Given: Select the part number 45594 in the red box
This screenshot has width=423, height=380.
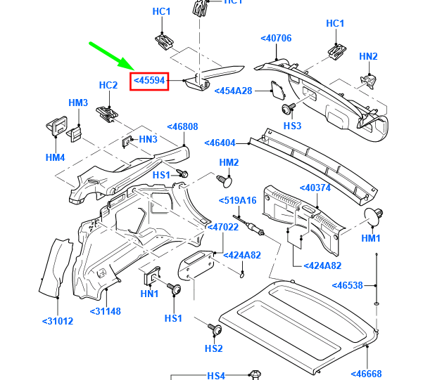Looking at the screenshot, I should click(150, 81).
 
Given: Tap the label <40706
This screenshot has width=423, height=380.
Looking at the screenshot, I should click(276, 38).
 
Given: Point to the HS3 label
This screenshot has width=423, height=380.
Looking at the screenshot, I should click(292, 126).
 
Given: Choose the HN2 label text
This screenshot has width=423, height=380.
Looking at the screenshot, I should click(368, 56).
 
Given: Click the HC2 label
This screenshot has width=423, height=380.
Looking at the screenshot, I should click(108, 86).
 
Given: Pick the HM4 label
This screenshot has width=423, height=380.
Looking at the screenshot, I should click(55, 157).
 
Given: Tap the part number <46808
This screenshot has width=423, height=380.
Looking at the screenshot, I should click(182, 127).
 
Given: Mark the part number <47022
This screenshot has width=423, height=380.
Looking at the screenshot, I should click(222, 228).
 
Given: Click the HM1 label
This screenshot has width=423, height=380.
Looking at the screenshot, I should click(371, 238).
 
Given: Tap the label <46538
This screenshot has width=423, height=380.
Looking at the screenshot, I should click(347, 286).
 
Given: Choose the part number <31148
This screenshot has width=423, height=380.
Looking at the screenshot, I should click(107, 311).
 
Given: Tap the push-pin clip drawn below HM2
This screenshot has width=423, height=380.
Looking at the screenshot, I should click(225, 183).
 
